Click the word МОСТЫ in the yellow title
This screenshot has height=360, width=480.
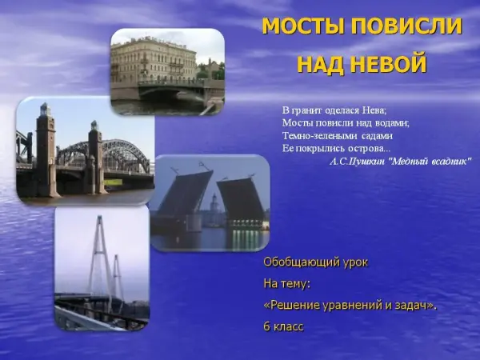304,26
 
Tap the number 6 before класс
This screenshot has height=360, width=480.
266,326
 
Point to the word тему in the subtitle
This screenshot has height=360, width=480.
297,284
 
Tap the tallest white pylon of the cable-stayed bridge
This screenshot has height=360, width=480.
100,260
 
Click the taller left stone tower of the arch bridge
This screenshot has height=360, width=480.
46,150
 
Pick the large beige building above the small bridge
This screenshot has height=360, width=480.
154,62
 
